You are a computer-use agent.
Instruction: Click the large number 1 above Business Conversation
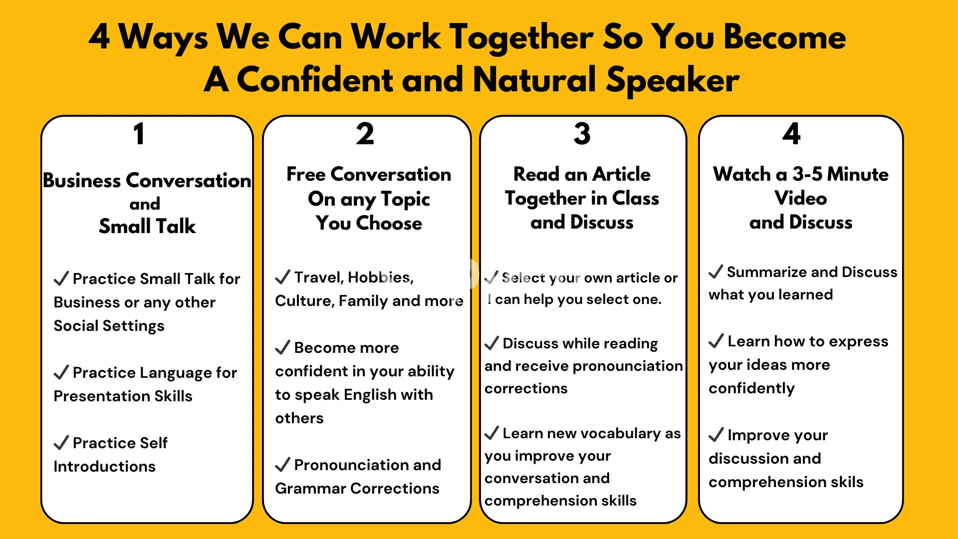coord(139,134)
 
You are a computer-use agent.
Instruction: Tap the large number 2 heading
coord(365,134)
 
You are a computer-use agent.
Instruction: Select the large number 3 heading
coord(582,134)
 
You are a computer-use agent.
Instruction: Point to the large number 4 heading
coord(791,134)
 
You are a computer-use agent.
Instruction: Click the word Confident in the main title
coord(315,80)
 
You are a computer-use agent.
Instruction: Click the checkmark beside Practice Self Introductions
coord(61,443)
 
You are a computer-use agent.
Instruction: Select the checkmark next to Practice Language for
coord(61,372)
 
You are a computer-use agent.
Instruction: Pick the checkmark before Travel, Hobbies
coord(282,277)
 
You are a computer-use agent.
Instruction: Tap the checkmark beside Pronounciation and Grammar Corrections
coord(282,465)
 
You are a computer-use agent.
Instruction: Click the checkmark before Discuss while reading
coord(491,343)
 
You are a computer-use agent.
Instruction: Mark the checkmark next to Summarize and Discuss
coord(716,271)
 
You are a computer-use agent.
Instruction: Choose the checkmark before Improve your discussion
coord(716,435)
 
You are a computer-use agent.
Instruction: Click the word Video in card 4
coord(801,198)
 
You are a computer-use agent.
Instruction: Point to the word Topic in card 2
coord(405,200)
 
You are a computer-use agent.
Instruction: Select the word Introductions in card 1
coord(104,466)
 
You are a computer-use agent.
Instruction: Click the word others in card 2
coord(299,418)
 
